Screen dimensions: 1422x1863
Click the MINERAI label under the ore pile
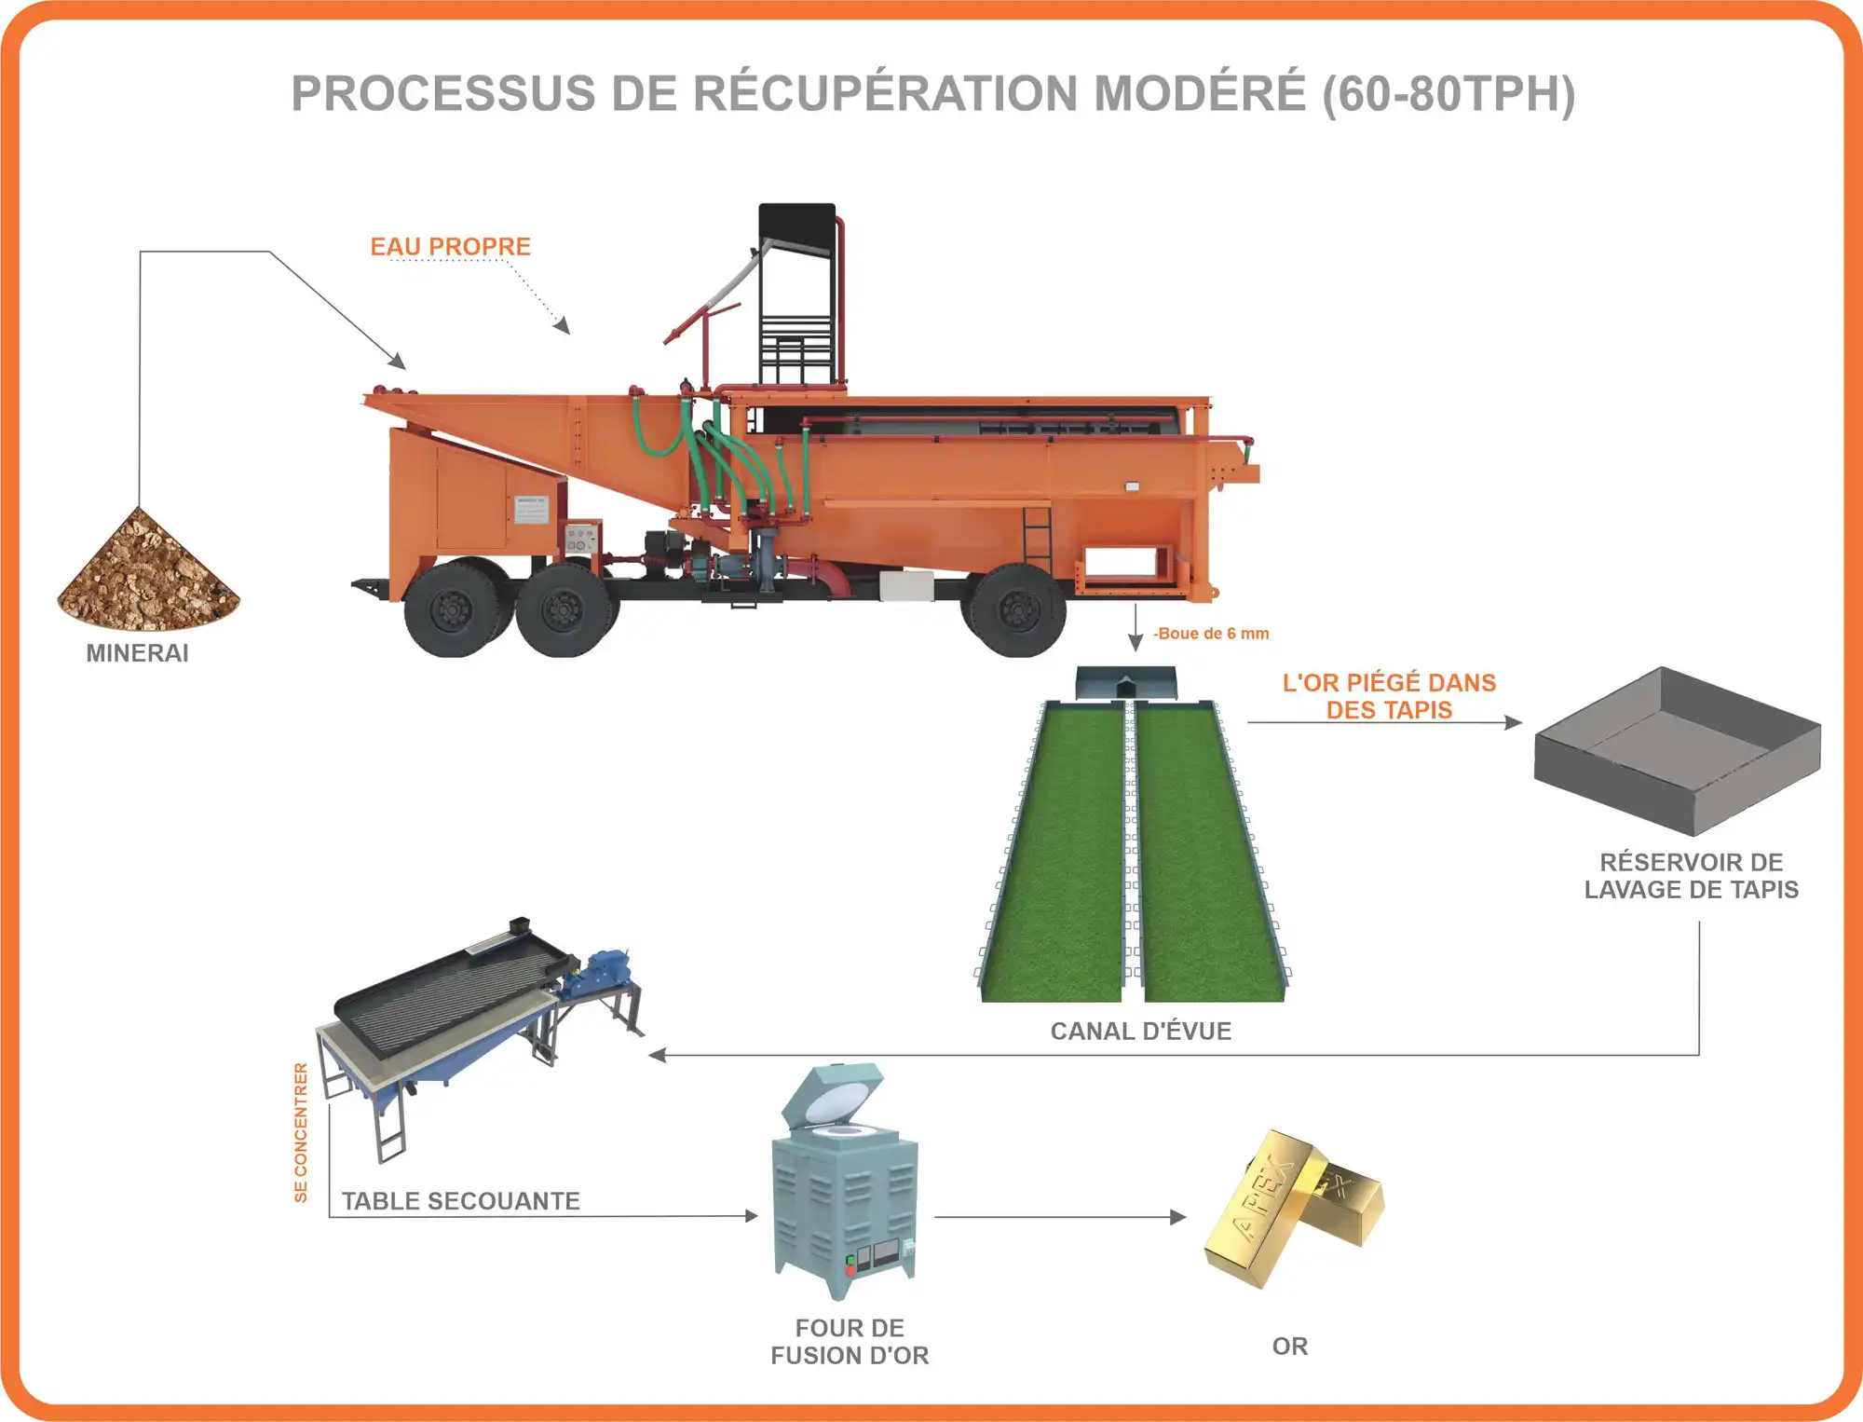coord(137,653)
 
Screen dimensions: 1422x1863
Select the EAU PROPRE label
coord(450,247)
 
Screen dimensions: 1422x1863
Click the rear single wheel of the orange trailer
coord(1017,610)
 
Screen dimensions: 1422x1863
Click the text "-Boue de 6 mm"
coord(1211,634)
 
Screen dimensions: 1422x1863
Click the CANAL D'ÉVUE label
coord(1140,1031)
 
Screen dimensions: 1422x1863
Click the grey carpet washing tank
coord(1677,750)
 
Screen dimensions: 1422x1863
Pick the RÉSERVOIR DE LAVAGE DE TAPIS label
coord(1691,876)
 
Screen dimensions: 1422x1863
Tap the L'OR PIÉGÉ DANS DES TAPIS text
coord(1389,696)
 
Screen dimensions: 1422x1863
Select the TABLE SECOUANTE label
coord(460,1201)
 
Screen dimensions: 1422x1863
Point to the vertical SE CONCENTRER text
coord(301,1132)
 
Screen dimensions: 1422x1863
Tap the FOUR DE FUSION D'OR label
coord(850,1342)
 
